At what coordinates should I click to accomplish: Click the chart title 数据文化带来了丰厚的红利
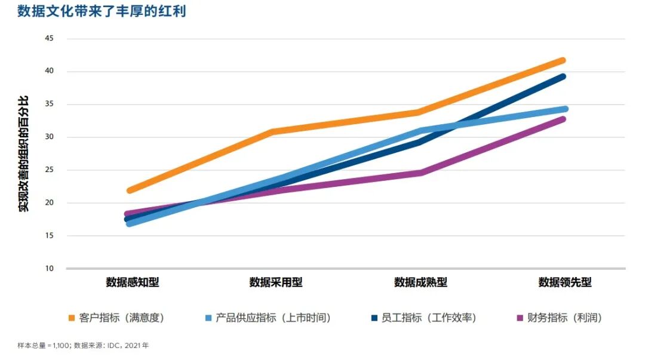pos(102,11)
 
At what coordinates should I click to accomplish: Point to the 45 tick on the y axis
pos(49,39)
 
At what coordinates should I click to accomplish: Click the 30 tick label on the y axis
pos(49,137)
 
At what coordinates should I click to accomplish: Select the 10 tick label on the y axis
pos(49,269)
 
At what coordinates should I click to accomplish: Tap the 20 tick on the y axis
pos(49,203)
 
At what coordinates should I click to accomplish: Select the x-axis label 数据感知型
pos(133,282)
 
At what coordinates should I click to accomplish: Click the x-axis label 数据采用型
pos(276,282)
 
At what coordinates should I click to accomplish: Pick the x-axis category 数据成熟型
pos(420,282)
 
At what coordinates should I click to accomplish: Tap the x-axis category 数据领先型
pos(565,282)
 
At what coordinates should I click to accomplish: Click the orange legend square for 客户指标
pos(72,318)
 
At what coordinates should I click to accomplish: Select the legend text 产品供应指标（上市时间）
pos(273,318)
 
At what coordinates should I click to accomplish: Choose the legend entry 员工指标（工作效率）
pos(428,318)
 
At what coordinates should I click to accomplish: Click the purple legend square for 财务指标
pos(518,318)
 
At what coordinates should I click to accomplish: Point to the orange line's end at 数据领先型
pos(563,60)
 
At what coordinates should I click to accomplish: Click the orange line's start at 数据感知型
pos(130,190)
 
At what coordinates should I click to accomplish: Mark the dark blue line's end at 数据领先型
pos(563,76)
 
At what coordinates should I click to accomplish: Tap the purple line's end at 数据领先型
pos(563,119)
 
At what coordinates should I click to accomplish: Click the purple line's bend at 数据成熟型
pos(420,173)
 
